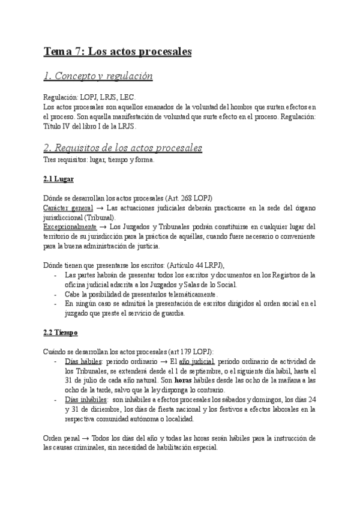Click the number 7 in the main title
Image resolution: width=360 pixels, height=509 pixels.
coord(79,52)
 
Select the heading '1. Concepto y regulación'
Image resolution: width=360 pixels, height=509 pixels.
coord(98,76)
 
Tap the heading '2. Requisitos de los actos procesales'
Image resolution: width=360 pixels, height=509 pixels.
coord(123,148)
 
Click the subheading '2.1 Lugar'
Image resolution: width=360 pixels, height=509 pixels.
coord(59,179)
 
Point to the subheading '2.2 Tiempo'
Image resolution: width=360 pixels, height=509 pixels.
coord(61,332)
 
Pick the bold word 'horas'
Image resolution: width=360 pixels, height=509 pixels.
coord(184,381)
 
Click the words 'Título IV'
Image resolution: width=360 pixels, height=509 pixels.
coord(57,127)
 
